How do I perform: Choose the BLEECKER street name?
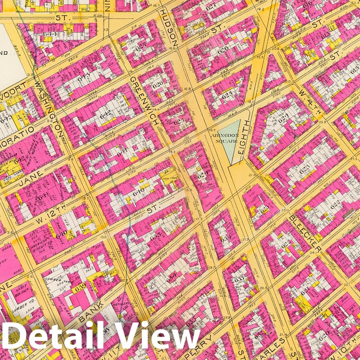(x=305, y=232)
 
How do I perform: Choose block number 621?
(x=305, y=292)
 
